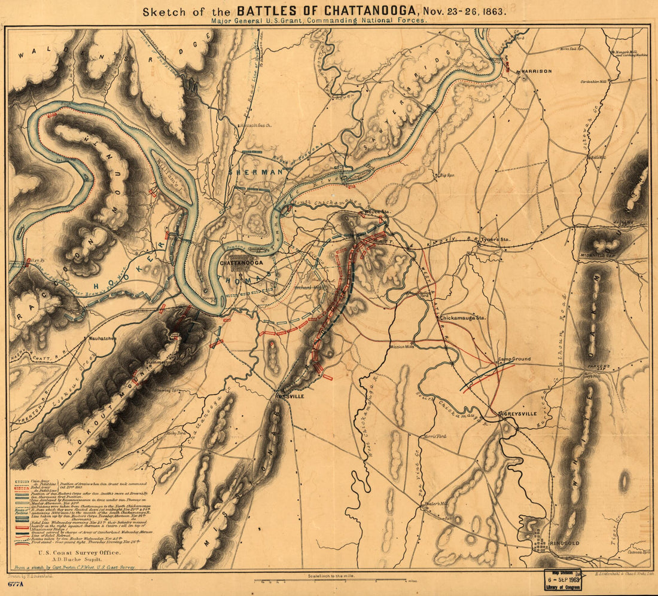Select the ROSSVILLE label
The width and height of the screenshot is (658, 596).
click(x=290, y=396)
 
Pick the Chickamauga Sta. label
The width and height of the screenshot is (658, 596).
click(x=464, y=319)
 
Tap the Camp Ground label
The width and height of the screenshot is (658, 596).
click(x=514, y=359)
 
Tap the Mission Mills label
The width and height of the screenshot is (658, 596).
click(x=401, y=346)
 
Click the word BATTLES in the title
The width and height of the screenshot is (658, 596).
click(x=273, y=10)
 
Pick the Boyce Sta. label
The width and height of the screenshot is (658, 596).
click(x=376, y=212)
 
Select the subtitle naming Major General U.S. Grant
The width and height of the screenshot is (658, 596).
click(x=319, y=20)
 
